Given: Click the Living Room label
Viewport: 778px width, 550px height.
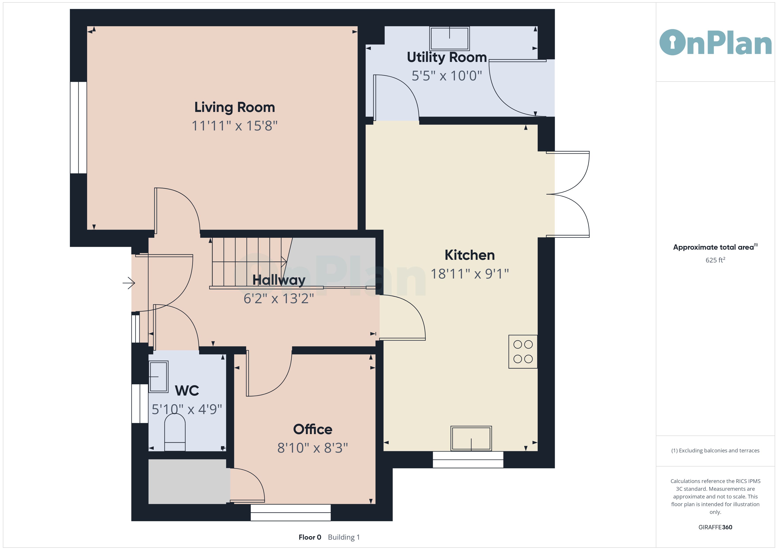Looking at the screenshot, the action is [x=234, y=107].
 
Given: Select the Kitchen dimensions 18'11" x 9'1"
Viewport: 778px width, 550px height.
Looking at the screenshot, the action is [x=470, y=274].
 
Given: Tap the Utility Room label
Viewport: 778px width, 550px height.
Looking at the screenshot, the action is [x=447, y=57].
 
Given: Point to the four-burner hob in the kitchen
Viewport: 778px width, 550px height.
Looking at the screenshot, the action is [x=523, y=351].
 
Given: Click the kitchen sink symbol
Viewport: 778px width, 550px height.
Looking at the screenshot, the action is [x=471, y=438].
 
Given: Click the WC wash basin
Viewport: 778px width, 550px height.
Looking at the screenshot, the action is [x=158, y=377].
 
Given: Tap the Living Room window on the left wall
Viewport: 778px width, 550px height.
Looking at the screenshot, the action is [x=79, y=127].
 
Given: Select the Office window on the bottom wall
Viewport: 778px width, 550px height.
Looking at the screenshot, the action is [x=290, y=512].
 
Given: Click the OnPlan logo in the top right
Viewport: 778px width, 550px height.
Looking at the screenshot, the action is [x=715, y=43].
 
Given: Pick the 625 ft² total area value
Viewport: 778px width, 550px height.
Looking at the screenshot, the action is [x=715, y=260].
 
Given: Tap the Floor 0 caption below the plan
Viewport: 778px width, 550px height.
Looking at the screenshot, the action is [x=310, y=537].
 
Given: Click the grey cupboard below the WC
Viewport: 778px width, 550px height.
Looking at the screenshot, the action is [x=187, y=481].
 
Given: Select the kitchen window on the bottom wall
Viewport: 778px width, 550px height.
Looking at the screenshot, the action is [x=468, y=460].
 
